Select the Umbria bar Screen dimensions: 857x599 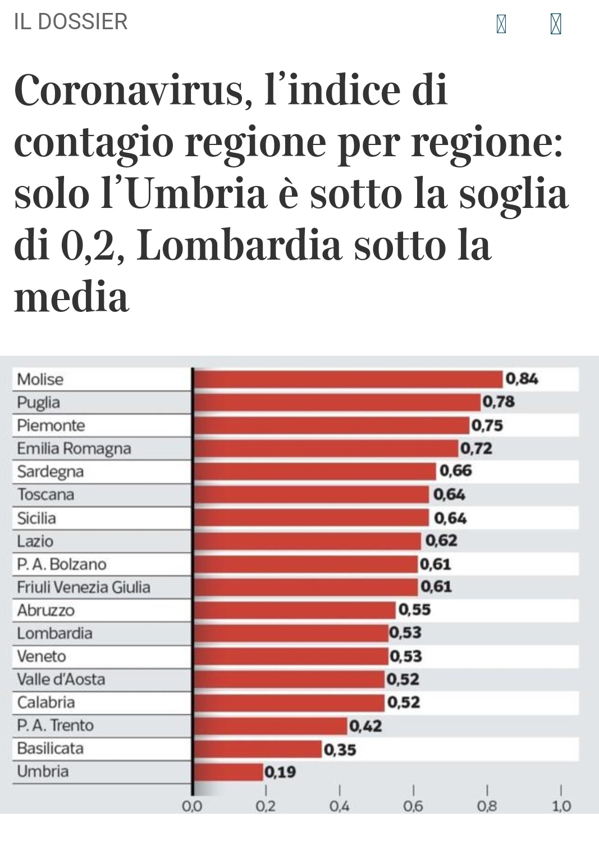[x=228, y=772]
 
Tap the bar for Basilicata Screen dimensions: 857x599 [x=257, y=749]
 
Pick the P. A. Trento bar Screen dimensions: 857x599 [x=270, y=725]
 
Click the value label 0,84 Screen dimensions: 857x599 [x=522, y=379]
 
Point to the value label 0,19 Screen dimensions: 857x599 [x=280, y=772]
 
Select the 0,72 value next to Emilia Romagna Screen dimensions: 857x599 [x=476, y=448]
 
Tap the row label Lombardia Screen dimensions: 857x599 [x=54, y=633]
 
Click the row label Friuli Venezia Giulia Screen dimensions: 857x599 [x=84, y=587]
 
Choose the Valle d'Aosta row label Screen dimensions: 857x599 [x=61, y=679]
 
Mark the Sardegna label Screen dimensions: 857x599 [x=51, y=471]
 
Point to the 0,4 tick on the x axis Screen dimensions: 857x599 [x=339, y=806]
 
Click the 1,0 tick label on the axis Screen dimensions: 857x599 [x=561, y=806]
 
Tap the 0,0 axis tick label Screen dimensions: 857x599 [x=192, y=806]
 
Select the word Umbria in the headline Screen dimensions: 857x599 [x=199, y=194]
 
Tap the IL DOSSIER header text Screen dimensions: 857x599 [x=71, y=22]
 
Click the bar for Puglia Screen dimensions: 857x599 [x=336, y=402]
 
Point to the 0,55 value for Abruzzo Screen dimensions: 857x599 [x=415, y=610]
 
